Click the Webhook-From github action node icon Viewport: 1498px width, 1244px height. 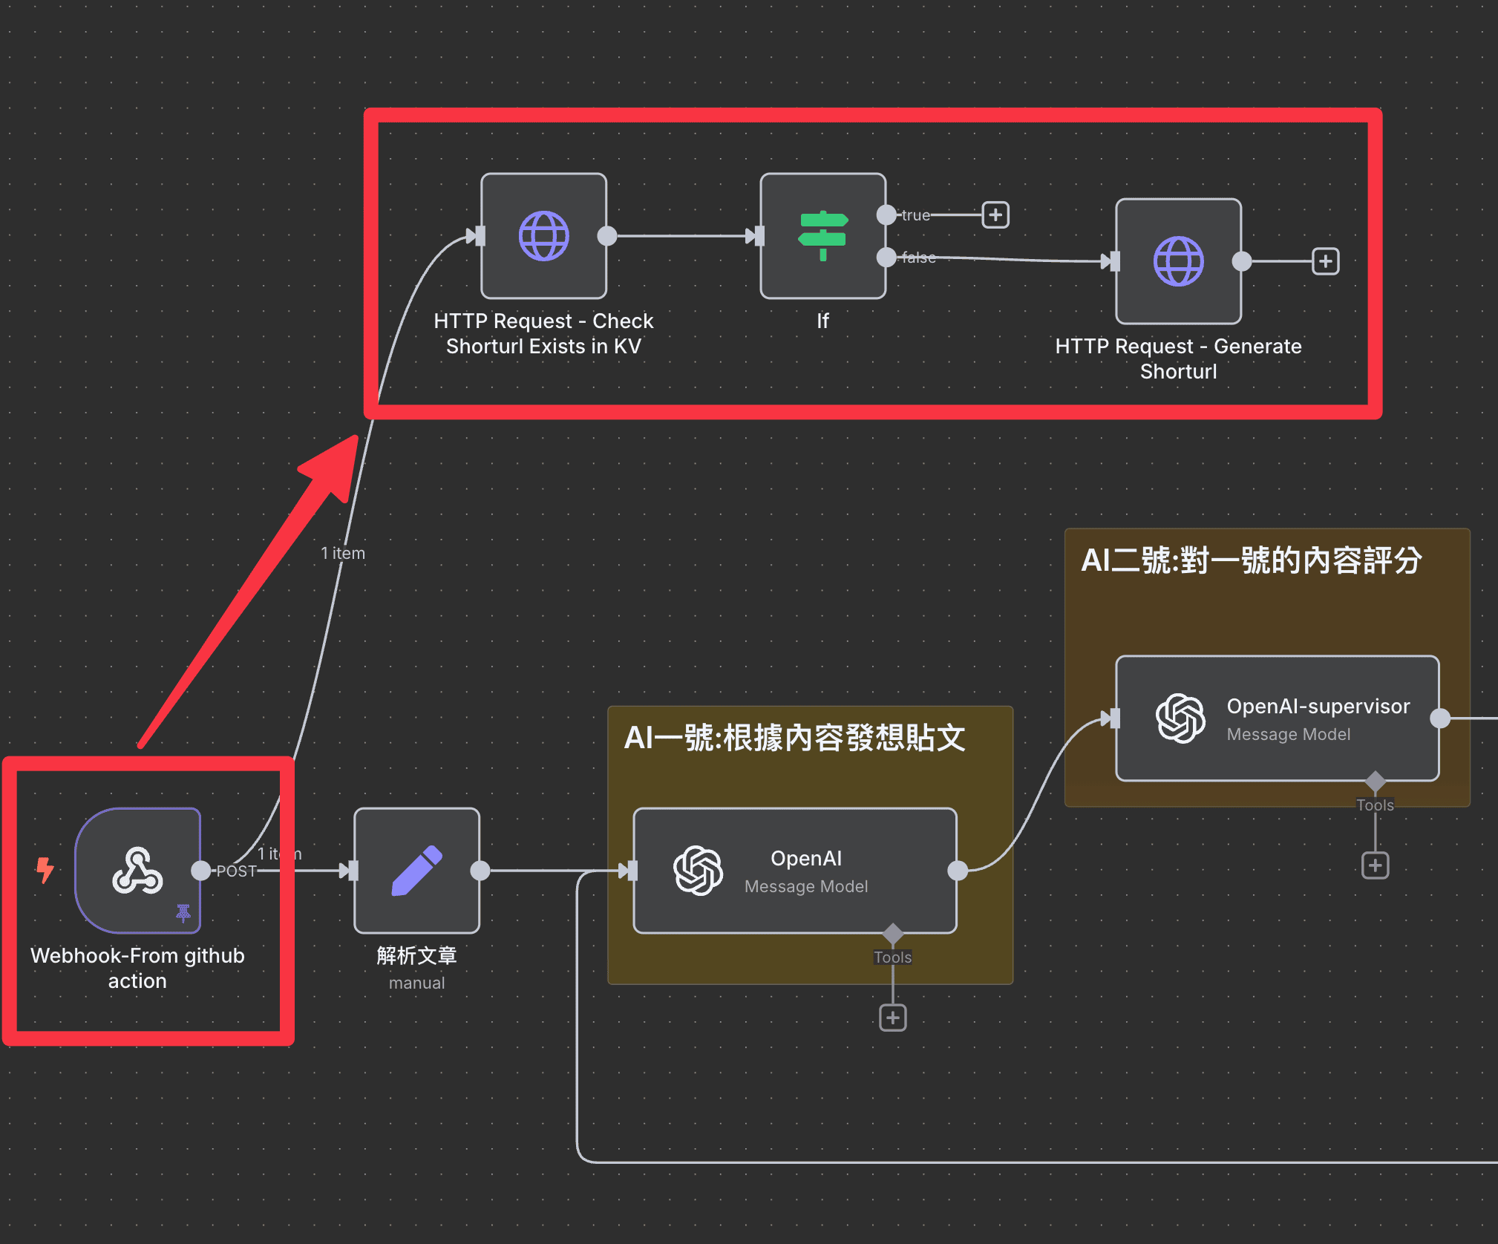pos(137,870)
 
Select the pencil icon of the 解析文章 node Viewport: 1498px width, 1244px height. pos(416,870)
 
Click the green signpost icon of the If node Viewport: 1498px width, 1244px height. pos(822,235)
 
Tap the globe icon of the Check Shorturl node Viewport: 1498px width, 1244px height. pos(543,235)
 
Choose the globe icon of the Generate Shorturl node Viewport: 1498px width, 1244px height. pos(1178,261)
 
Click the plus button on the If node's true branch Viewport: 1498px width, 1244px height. pos(995,215)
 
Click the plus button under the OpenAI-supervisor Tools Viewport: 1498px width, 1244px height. pos(1375,865)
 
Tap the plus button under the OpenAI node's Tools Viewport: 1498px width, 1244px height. pos(892,1018)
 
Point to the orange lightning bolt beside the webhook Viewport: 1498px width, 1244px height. pos(45,870)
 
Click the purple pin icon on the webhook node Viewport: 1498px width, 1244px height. pos(183,912)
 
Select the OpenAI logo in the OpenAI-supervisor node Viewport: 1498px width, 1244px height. pos(1180,718)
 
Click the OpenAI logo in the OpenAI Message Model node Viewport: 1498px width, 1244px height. pos(698,870)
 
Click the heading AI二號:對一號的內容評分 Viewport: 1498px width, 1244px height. pos(1251,560)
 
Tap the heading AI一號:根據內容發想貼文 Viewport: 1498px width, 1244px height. pos(794,738)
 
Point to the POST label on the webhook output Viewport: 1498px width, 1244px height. pos(236,871)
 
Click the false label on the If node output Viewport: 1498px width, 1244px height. pos(918,258)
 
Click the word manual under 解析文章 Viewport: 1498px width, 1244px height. pos(416,983)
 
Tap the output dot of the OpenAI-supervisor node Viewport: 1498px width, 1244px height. pos(1439,718)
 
